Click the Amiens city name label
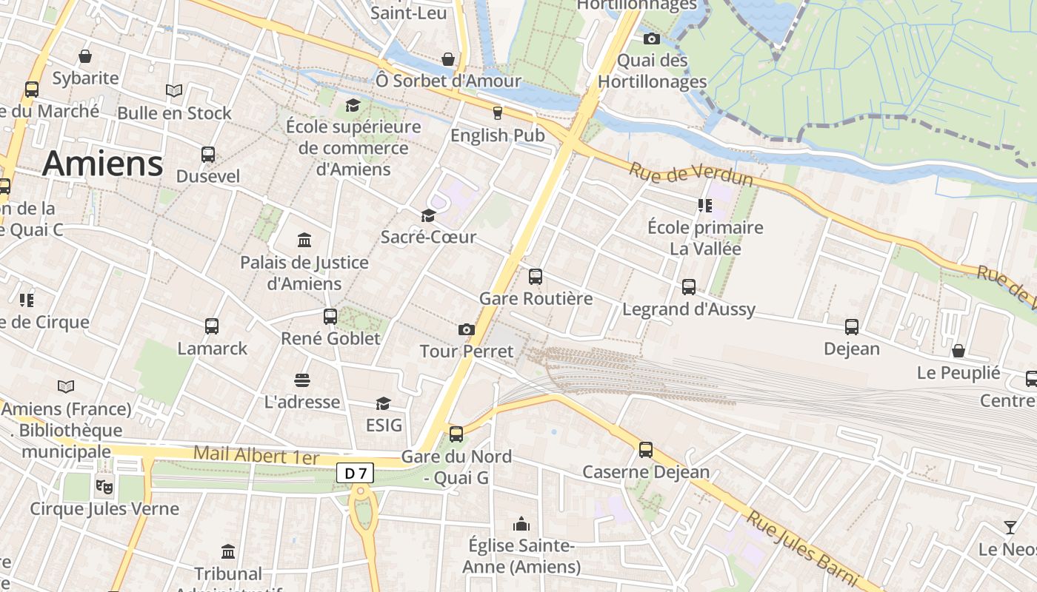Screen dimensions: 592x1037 102,164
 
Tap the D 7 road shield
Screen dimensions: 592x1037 355,473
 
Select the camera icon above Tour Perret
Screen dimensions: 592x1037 466,329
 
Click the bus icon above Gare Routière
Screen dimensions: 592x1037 536,277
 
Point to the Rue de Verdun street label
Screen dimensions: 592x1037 690,175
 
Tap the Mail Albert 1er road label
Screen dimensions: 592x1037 256,454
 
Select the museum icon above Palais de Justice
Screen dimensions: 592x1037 304,240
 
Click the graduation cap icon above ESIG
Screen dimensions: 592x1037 383,403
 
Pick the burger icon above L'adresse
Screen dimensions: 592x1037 301,380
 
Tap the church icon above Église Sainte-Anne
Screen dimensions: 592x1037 521,525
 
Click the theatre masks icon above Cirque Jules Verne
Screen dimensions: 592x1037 104,487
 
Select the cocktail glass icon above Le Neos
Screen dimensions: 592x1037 1010,528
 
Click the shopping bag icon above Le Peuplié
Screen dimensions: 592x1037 958,351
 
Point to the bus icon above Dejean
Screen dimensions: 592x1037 852,326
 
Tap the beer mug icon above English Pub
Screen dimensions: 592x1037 497,113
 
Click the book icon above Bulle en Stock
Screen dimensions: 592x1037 174,90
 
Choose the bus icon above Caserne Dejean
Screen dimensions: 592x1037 646,449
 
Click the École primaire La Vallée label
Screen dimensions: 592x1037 704,238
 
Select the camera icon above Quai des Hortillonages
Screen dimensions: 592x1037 652,38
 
